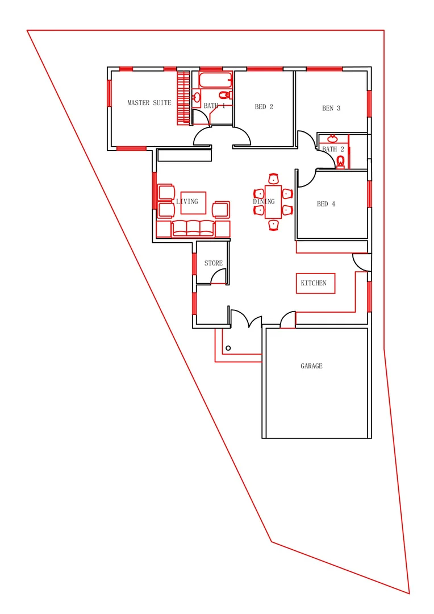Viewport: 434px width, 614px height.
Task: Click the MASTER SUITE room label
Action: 149,103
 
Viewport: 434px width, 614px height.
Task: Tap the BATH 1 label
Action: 214,106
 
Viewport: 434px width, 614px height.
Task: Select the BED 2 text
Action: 264,107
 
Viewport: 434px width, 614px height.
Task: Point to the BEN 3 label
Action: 331,108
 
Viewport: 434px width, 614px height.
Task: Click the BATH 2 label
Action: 333,150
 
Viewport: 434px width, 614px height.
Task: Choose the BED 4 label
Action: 325,204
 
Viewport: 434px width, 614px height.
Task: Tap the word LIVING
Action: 187,201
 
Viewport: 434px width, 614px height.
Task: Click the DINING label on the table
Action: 264,201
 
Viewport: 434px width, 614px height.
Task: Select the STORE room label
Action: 213,263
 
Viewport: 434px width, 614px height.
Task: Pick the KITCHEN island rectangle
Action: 315,283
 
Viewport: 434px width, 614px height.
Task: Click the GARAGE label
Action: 311,366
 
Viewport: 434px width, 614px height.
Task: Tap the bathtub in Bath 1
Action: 216,79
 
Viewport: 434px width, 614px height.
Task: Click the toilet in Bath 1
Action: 224,95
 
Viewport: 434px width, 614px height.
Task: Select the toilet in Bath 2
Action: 341,163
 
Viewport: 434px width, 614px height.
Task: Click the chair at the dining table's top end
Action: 273,179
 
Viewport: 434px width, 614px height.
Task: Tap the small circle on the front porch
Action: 228,347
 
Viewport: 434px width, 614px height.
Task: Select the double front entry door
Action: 246,318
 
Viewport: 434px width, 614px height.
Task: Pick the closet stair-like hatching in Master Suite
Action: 183,97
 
